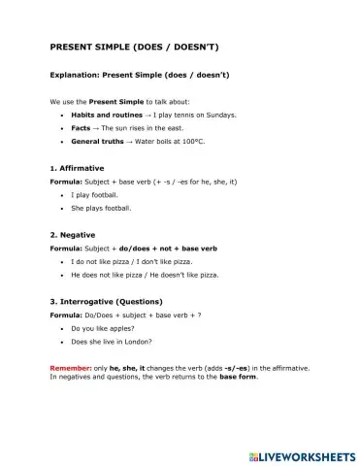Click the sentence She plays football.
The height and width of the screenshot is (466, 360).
click(x=102, y=208)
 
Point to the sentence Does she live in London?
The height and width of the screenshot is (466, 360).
click(x=112, y=342)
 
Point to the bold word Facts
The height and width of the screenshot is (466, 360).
click(x=82, y=127)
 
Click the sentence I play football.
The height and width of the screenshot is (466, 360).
click(x=95, y=194)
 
